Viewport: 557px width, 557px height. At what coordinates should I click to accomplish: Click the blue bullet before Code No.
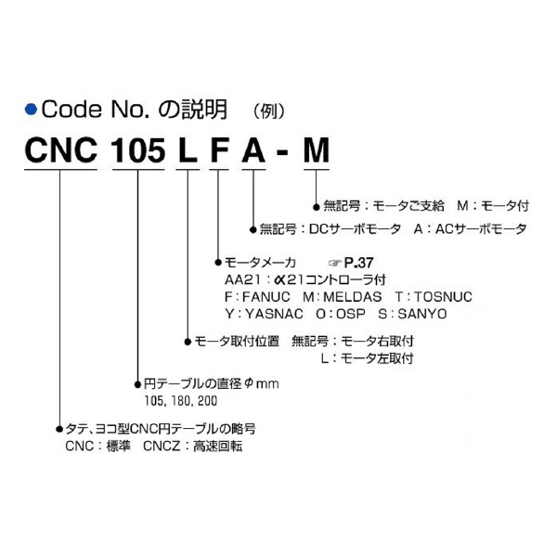[31, 109]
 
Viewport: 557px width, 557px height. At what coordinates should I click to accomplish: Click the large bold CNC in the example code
[61, 150]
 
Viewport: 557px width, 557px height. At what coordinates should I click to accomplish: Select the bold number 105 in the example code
[138, 150]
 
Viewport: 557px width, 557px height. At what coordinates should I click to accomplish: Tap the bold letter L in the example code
[188, 150]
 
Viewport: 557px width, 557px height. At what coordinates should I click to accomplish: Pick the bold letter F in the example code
[219, 150]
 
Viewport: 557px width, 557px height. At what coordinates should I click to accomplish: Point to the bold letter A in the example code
[253, 150]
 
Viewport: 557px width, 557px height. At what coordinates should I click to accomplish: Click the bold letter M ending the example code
[317, 150]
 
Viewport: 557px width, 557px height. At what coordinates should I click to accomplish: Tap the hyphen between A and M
[282, 153]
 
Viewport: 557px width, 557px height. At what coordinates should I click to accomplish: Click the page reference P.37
[358, 263]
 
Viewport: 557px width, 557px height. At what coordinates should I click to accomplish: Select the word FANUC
[266, 297]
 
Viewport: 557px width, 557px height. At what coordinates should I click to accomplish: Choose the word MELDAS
[353, 297]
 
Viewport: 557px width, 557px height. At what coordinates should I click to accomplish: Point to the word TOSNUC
[444, 297]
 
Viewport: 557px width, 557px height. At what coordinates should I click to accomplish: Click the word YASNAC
[274, 314]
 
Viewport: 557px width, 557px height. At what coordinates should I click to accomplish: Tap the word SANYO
[422, 314]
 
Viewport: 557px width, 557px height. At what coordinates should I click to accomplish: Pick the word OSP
[351, 314]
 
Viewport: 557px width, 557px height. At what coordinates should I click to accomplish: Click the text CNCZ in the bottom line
[162, 447]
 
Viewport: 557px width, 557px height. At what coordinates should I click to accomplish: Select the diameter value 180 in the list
[180, 401]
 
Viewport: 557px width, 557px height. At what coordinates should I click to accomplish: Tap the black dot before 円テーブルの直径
[137, 384]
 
